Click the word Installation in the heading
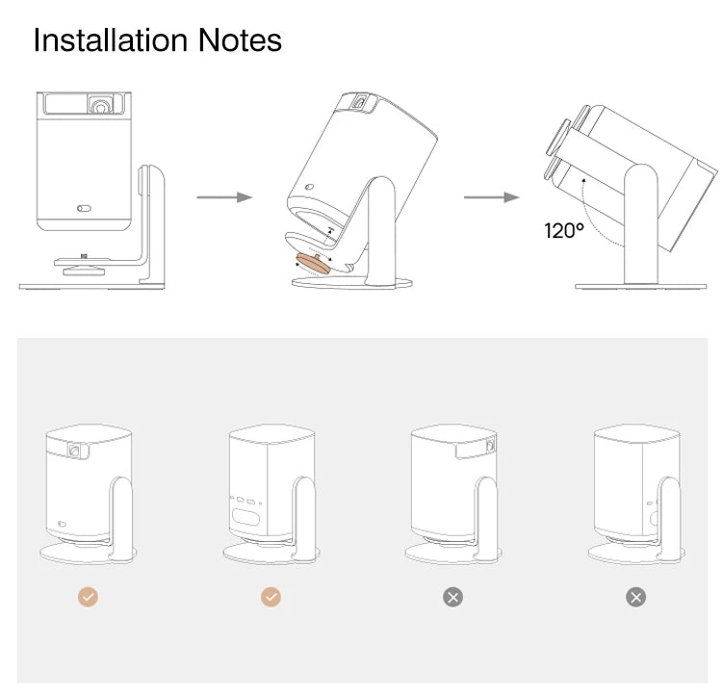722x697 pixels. [111, 40]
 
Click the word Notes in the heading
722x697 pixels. [240, 40]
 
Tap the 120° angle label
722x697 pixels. [564, 230]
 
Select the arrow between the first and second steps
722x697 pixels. [224, 197]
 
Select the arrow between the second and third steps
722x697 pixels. [491, 197]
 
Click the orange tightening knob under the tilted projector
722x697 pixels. [313, 264]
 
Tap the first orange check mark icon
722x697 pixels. [88, 597]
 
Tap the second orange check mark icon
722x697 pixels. [271, 597]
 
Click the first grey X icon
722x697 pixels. [453, 597]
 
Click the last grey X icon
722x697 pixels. [636, 597]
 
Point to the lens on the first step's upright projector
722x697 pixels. [99, 105]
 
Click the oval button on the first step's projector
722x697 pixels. [84, 209]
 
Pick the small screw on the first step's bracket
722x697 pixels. [84, 256]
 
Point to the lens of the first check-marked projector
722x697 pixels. [74, 450]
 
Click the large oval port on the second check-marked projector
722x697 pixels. [245, 517]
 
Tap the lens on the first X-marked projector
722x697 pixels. [490, 445]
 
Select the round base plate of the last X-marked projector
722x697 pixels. [636, 553]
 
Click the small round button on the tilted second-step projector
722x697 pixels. [309, 187]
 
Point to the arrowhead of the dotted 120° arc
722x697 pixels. [584, 181]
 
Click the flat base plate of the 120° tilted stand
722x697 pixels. [640, 286]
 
